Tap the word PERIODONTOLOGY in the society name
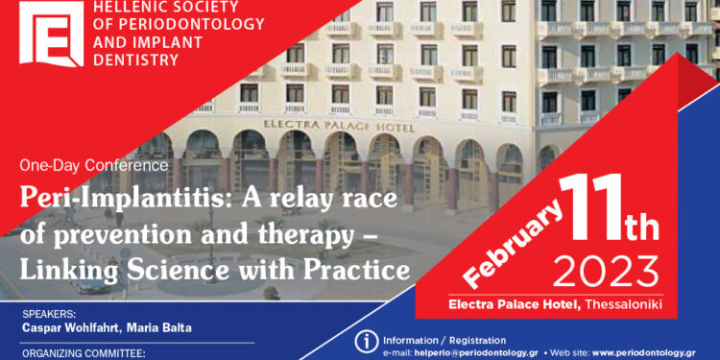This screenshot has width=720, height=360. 158,25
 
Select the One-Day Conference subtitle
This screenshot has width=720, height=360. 94,165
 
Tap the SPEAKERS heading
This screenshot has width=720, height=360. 49,314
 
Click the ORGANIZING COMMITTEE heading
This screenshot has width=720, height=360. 83,353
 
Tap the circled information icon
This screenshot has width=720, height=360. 365,341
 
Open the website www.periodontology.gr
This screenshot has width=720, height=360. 651,352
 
